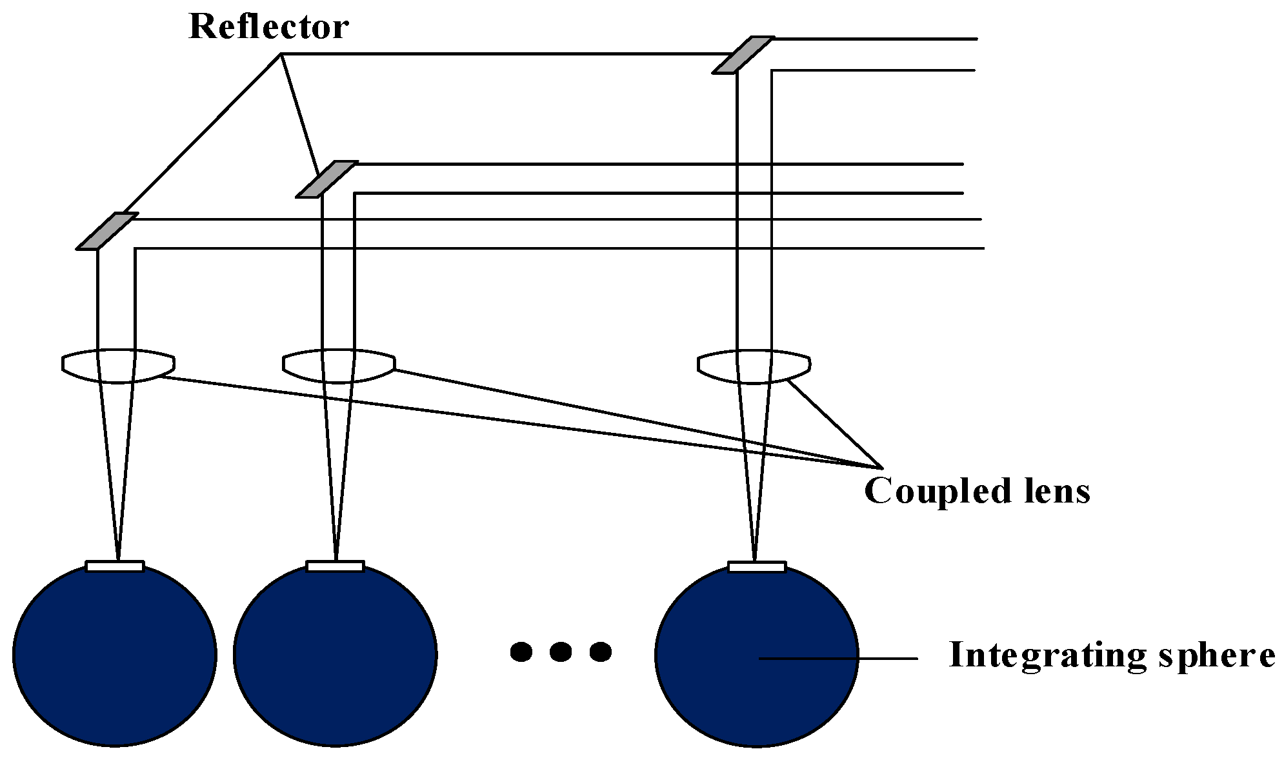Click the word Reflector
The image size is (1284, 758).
(268, 28)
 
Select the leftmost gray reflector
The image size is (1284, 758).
(107, 231)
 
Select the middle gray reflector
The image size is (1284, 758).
(326, 179)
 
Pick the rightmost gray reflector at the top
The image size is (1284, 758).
(743, 55)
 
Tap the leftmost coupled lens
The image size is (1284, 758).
(118, 366)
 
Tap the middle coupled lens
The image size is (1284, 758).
(339, 366)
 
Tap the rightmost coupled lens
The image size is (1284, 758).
(754, 366)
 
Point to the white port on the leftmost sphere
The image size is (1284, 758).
(115, 566)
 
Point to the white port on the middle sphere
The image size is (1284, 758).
(336, 566)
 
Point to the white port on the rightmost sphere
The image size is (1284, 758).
(757, 567)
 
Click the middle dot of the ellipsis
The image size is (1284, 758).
(560, 652)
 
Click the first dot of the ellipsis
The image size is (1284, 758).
(521, 652)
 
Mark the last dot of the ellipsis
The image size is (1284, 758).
(600, 652)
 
